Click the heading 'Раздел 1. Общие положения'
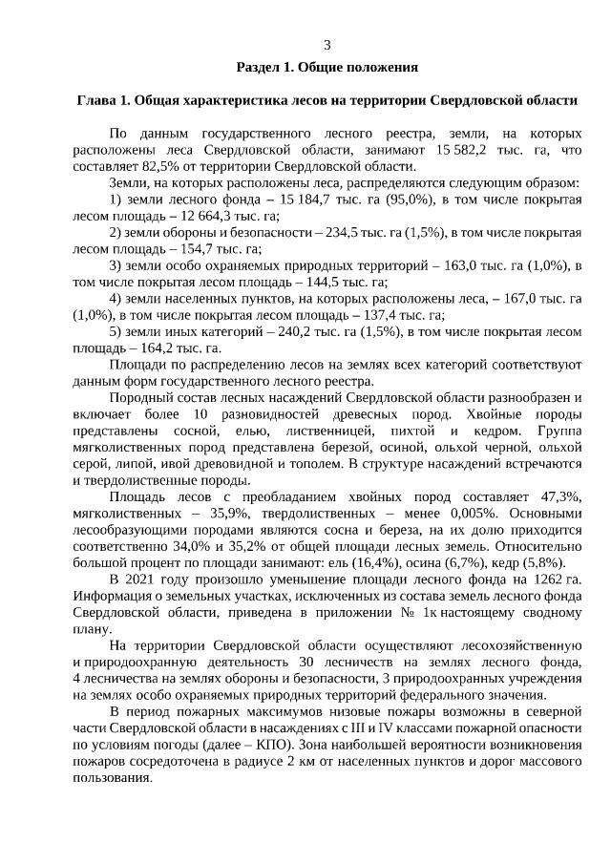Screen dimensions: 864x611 327,68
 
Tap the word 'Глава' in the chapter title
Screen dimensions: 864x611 95,100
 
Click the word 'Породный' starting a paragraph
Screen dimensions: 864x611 137,396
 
